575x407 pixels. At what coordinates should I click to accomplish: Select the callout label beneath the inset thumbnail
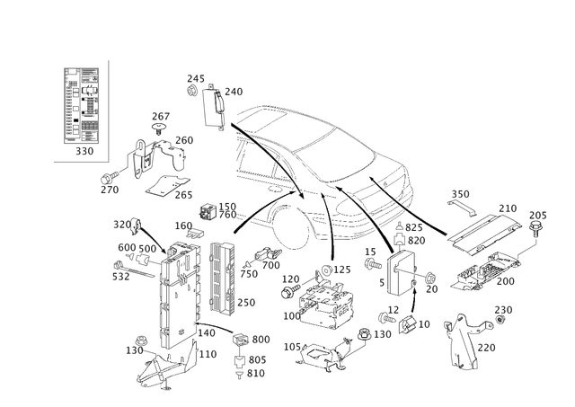[85, 149]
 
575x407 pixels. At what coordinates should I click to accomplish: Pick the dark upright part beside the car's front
[397, 239]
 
